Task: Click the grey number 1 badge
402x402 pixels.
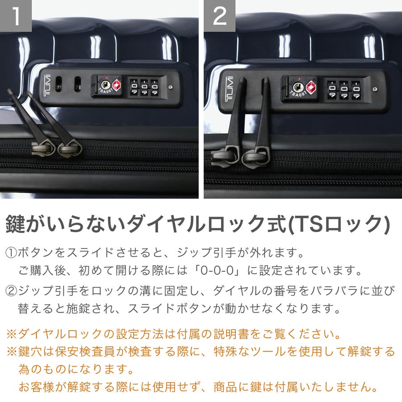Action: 16,16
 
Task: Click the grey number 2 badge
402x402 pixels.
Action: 220,16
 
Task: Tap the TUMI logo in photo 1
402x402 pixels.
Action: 47,86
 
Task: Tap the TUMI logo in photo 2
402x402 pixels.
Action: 229,89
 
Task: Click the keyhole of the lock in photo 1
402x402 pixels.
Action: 105,84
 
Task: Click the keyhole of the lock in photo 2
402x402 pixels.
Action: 297,87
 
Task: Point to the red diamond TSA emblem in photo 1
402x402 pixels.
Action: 117,85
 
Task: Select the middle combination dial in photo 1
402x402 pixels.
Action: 144,87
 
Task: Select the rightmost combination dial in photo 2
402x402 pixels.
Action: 356,90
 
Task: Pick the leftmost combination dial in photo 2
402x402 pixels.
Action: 332,89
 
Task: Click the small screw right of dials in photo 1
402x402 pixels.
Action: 171,87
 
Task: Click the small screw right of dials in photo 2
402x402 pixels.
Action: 375,89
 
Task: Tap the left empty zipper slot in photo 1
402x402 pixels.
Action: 59,84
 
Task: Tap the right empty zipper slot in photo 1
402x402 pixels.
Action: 78,84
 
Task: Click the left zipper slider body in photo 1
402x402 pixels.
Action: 43,148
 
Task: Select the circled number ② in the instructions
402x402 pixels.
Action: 11,291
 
